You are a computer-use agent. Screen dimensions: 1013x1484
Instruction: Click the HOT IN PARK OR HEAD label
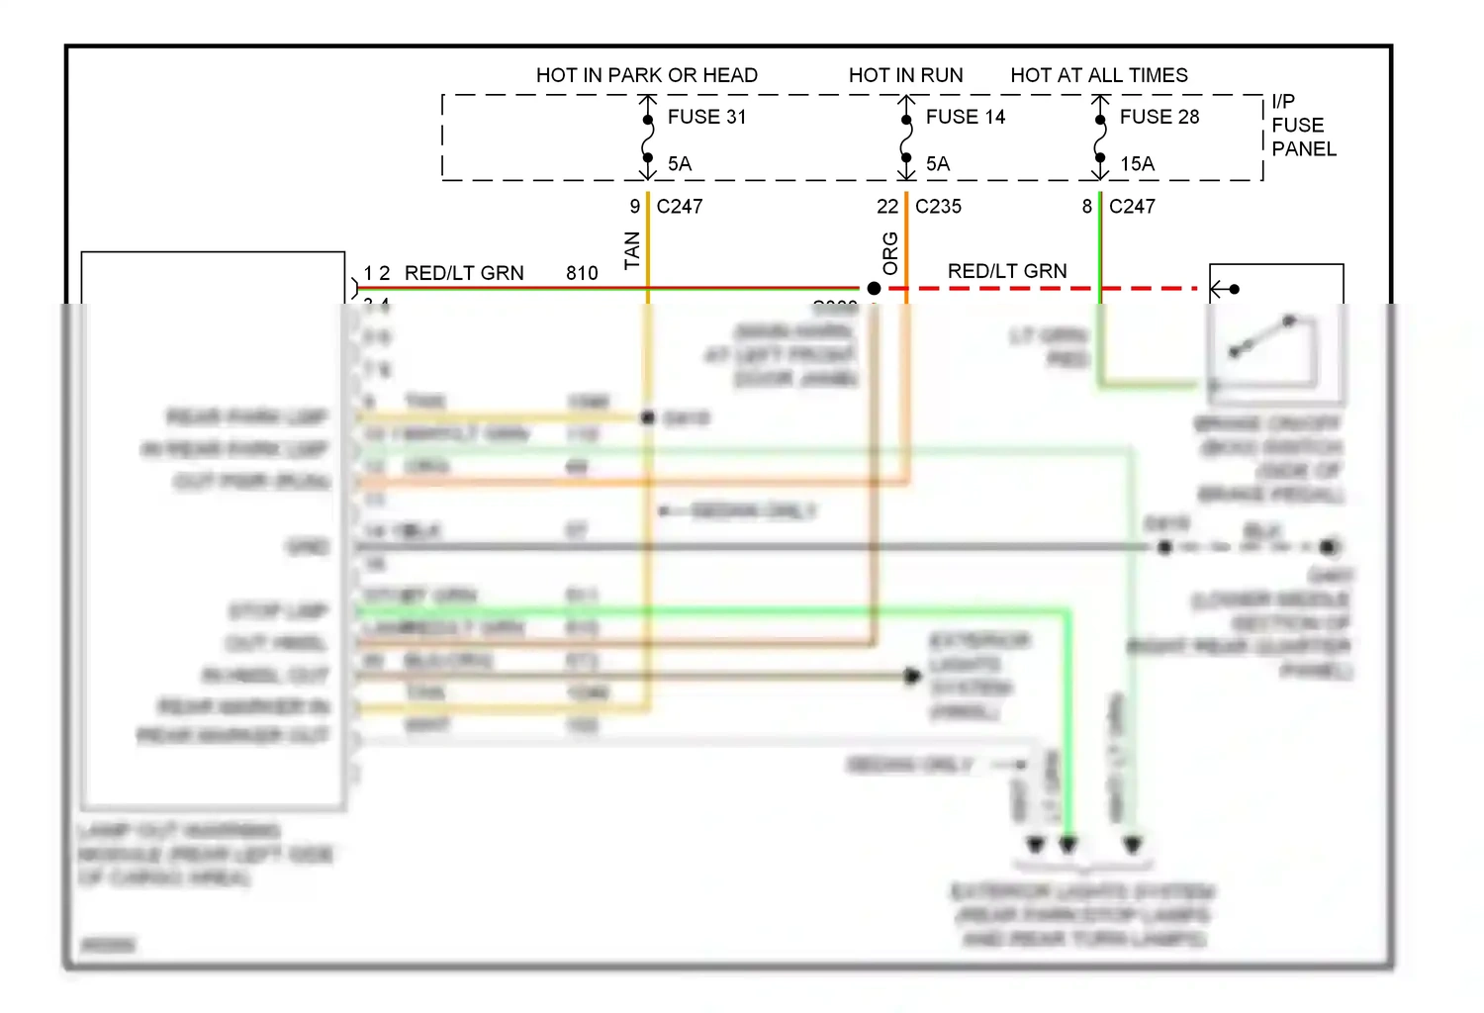click(x=646, y=75)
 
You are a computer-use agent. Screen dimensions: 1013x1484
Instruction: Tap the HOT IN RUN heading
click(x=905, y=75)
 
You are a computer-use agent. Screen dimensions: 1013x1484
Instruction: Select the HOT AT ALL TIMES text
click(x=1098, y=75)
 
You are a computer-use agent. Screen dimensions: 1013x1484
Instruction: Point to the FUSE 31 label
click(x=706, y=117)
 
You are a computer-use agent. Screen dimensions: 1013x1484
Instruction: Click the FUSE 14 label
click(x=965, y=117)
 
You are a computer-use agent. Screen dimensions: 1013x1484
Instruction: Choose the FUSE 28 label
click(x=1159, y=117)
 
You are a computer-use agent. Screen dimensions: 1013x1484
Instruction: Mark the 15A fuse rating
click(x=1137, y=164)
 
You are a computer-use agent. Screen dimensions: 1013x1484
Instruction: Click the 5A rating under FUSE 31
click(x=680, y=164)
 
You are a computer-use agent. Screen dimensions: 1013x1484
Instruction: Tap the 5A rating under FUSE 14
click(x=938, y=164)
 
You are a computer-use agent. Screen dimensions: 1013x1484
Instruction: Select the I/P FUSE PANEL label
click(x=1303, y=126)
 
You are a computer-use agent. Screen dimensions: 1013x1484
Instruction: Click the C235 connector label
click(x=938, y=207)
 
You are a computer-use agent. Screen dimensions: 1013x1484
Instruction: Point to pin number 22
click(x=887, y=207)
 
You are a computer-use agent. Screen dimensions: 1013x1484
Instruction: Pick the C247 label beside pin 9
click(x=680, y=207)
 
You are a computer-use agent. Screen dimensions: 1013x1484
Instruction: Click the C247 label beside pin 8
click(x=1132, y=207)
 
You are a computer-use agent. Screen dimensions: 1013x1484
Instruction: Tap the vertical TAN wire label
click(x=632, y=250)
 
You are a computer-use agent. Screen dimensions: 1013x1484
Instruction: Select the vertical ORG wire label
click(x=890, y=253)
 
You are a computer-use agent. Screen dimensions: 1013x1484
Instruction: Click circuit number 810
click(x=582, y=273)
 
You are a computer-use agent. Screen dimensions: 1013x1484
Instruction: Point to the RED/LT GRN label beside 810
click(x=464, y=273)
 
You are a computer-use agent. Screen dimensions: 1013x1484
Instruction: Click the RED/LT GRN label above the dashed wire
click(x=1007, y=271)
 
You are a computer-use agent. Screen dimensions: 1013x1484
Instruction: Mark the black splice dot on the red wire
click(x=874, y=289)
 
